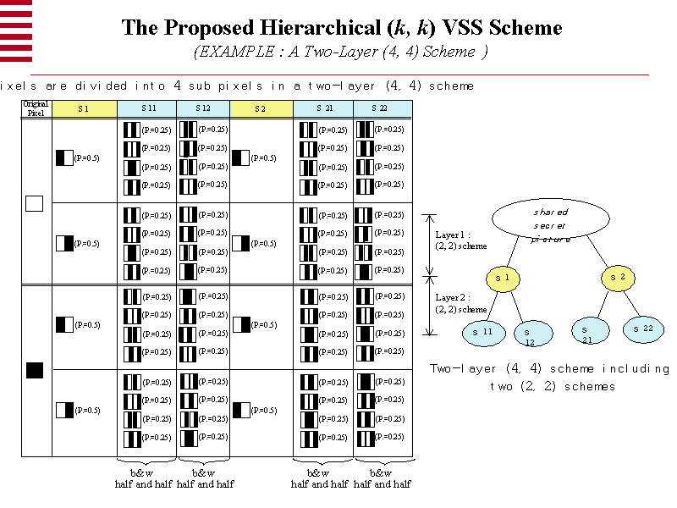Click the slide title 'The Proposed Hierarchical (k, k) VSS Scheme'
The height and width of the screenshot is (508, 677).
[342, 27]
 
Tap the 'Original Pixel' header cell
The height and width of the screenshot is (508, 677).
[36, 108]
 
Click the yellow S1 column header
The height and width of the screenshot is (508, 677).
[84, 108]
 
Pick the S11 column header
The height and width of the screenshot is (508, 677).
[146, 108]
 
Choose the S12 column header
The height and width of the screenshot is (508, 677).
[203, 108]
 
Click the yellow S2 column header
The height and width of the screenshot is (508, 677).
[261, 108]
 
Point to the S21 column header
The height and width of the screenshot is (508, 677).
[323, 108]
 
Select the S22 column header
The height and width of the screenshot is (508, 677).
[383, 108]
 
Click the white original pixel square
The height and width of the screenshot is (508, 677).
[35, 204]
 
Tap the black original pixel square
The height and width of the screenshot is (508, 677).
[35, 370]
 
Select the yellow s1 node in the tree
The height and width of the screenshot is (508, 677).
[503, 279]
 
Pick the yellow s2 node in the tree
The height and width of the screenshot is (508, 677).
[617, 277]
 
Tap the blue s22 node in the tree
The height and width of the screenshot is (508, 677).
[644, 329]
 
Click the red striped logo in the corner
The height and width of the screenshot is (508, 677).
[16, 30]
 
